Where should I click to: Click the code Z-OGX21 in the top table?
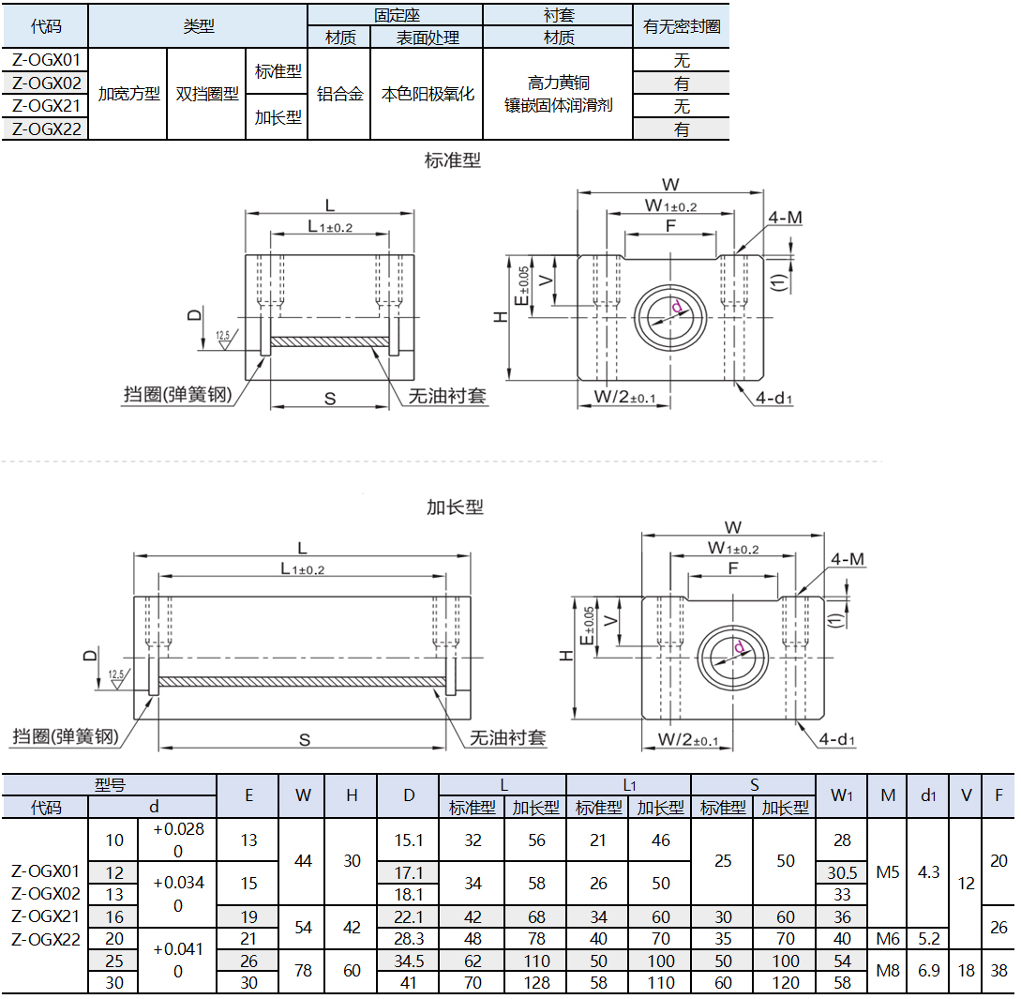point(46,106)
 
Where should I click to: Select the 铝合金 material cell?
point(340,94)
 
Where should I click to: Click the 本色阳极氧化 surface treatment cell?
point(428,94)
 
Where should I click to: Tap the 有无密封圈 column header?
point(682,26)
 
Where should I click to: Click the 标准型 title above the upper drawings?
point(453,159)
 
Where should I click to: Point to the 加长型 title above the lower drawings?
point(455,507)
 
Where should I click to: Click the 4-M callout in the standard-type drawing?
point(786,217)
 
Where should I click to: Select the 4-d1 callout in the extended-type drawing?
point(836,739)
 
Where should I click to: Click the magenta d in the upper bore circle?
point(677,307)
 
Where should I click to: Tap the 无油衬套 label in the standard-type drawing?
point(447,396)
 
